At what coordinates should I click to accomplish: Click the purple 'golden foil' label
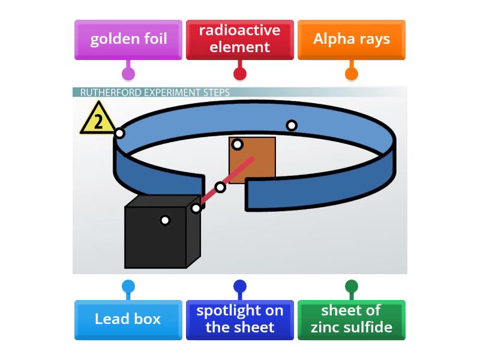[128, 40]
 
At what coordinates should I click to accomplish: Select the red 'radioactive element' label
[240, 40]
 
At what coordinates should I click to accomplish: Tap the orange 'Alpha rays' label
[352, 40]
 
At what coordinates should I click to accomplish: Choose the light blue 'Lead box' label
[128, 319]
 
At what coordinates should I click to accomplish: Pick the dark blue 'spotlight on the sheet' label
[240, 319]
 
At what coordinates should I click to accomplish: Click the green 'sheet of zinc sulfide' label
[352, 319]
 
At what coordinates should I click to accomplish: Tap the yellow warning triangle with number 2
[98, 120]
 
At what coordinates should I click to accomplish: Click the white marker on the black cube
[165, 220]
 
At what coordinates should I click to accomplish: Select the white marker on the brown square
[238, 144]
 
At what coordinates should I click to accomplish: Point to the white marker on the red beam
[220, 187]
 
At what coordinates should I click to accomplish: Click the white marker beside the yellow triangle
[120, 133]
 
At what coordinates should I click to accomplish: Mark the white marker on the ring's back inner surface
[292, 125]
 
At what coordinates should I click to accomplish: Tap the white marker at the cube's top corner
[196, 208]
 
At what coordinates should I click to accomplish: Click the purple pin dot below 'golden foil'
[128, 74]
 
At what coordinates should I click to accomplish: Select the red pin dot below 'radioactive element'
[240, 74]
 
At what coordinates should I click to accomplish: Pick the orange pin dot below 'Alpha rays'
[352, 74]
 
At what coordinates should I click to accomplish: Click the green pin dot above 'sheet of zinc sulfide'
[352, 286]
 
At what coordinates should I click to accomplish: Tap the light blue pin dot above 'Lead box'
[128, 286]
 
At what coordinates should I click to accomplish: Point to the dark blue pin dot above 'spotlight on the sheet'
[240, 286]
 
